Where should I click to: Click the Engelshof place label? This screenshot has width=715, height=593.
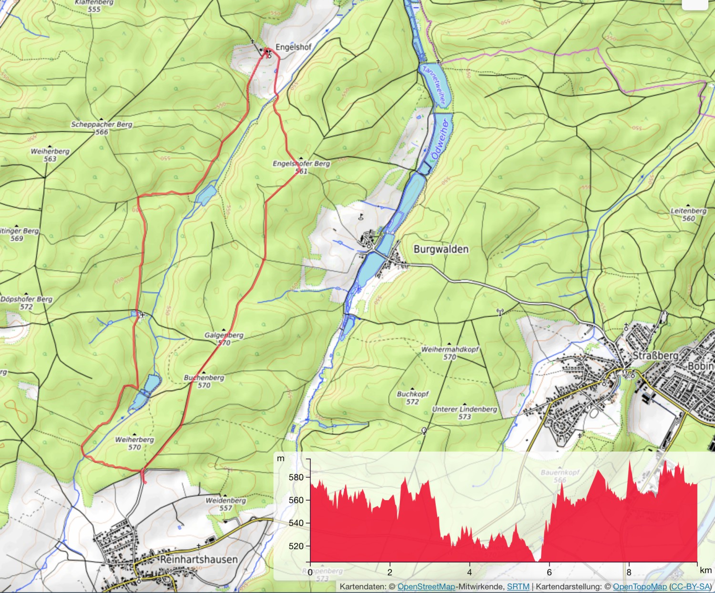(293, 47)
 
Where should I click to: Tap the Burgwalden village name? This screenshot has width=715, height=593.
(441, 249)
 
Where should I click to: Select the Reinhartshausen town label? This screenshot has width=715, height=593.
(198, 559)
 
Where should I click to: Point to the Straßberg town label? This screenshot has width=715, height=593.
(655, 356)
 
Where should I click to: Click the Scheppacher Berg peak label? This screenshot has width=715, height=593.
(102, 124)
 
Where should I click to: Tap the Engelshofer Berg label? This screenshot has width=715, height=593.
(301, 163)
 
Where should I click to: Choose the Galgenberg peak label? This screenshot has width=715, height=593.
(224, 335)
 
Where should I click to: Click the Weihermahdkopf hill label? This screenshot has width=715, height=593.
(449, 349)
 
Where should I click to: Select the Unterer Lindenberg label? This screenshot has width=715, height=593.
(464, 409)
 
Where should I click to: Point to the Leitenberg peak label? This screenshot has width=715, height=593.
(688, 211)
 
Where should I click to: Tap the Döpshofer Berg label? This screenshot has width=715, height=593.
(26, 299)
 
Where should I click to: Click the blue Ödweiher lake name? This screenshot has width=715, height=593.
(440, 139)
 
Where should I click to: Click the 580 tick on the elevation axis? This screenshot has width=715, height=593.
(296, 477)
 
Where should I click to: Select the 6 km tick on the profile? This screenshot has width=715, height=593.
(549, 572)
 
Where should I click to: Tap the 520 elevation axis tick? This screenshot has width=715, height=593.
(296, 546)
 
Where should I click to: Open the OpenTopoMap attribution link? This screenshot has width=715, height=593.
(639, 587)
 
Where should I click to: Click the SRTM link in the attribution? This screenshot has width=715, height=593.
(518, 587)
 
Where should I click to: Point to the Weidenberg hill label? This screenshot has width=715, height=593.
(226, 501)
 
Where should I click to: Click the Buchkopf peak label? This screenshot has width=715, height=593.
(413, 394)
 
